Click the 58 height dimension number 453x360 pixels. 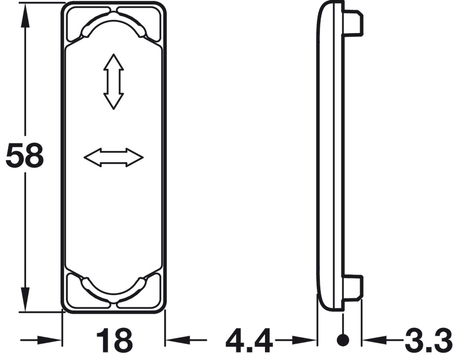(25, 156)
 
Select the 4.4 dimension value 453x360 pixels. (249, 340)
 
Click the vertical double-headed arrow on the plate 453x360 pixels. (114, 82)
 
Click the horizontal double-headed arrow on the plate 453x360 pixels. (113, 158)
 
